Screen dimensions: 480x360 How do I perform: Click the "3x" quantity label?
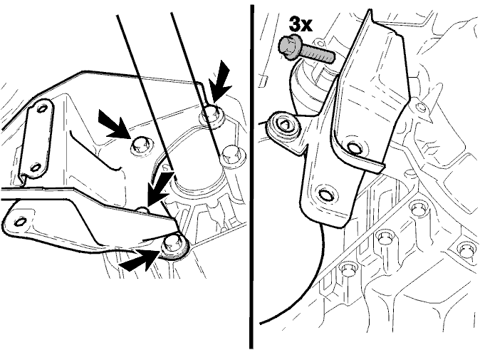[x=301, y=24]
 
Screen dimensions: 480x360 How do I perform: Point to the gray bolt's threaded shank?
[x=317, y=55]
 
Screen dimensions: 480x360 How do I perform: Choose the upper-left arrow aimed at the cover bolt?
[x=113, y=124]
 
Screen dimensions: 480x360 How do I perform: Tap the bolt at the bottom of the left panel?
[x=173, y=247]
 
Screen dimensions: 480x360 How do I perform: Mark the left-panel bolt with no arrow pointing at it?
[x=233, y=157]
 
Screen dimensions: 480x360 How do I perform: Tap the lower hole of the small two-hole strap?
[x=36, y=167]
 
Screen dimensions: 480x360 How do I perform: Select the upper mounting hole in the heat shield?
[x=355, y=148]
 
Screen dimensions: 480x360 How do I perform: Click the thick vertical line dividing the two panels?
[x=251, y=177]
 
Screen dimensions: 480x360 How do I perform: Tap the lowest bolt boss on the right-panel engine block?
[x=347, y=270]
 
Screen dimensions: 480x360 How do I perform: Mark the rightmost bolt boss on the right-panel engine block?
[x=466, y=249]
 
